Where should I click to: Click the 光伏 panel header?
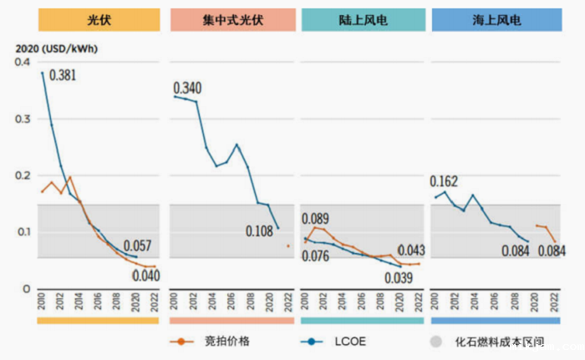pyautogui.click(x=95, y=18)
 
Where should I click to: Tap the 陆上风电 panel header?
pyautogui.click(x=360, y=18)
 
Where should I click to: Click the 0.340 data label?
pyautogui.click(x=188, y=89)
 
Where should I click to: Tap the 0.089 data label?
pyautogui.click(x=318, y=219)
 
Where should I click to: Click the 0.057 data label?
pyautogui.click(x=139, y=246)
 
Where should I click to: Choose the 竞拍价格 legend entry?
pyautogui.click(x=215, y=342)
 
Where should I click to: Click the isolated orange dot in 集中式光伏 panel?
pyautogui.click(x=288, y=246)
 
